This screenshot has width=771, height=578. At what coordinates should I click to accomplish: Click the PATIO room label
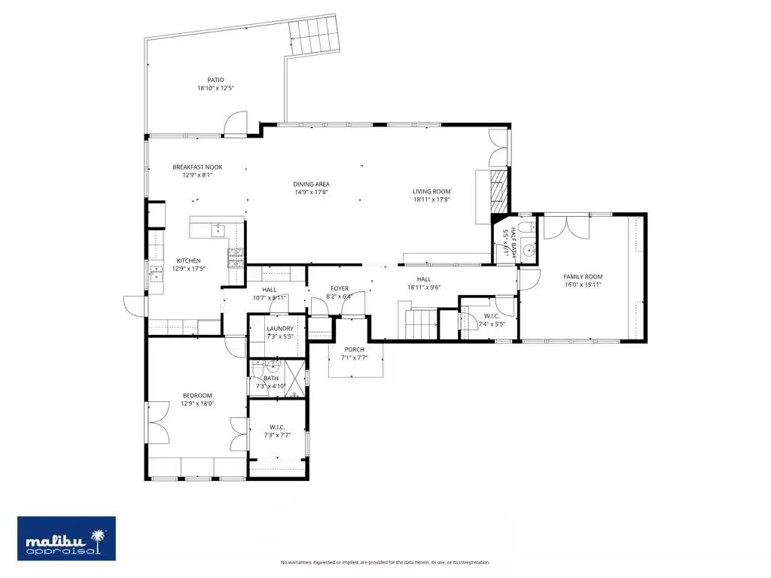click(x=215, y=80)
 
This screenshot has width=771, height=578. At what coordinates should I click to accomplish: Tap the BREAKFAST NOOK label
click(x=197, y=167)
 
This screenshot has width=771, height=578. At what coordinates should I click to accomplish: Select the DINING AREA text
click(x=311, y=184)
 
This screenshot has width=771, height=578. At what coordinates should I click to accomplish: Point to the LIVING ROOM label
click(x=431, y=192)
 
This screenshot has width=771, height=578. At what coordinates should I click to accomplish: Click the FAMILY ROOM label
click(x=583, y=277)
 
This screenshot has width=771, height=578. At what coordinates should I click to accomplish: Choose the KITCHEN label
click(x=188, y=261)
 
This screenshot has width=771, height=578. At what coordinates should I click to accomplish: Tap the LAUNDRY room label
click(x=280, y=329)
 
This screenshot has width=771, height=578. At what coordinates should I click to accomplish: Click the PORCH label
click(x=354, y=349)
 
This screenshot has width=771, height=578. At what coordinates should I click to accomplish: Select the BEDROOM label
click(x=197, y=396)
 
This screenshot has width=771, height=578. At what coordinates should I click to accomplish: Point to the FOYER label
click(x=340, y=288)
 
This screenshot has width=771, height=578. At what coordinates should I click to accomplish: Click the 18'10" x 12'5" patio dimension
click(x=215, y=89)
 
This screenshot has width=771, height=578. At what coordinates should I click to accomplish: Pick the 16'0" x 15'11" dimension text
click(x=583, y=284)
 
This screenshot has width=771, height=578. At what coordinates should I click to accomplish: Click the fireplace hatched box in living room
click(x=499, y=192)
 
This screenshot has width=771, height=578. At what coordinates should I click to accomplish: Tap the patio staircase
click(x=314, y=35)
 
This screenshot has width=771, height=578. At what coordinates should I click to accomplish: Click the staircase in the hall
click(x=422, y=324)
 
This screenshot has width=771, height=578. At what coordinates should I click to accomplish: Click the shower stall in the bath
click(x=296, y=379)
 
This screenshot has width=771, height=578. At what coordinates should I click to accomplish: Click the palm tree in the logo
click(x=99, y=542)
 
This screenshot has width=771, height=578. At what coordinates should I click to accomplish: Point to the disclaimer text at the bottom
click(x=385, y=562)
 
